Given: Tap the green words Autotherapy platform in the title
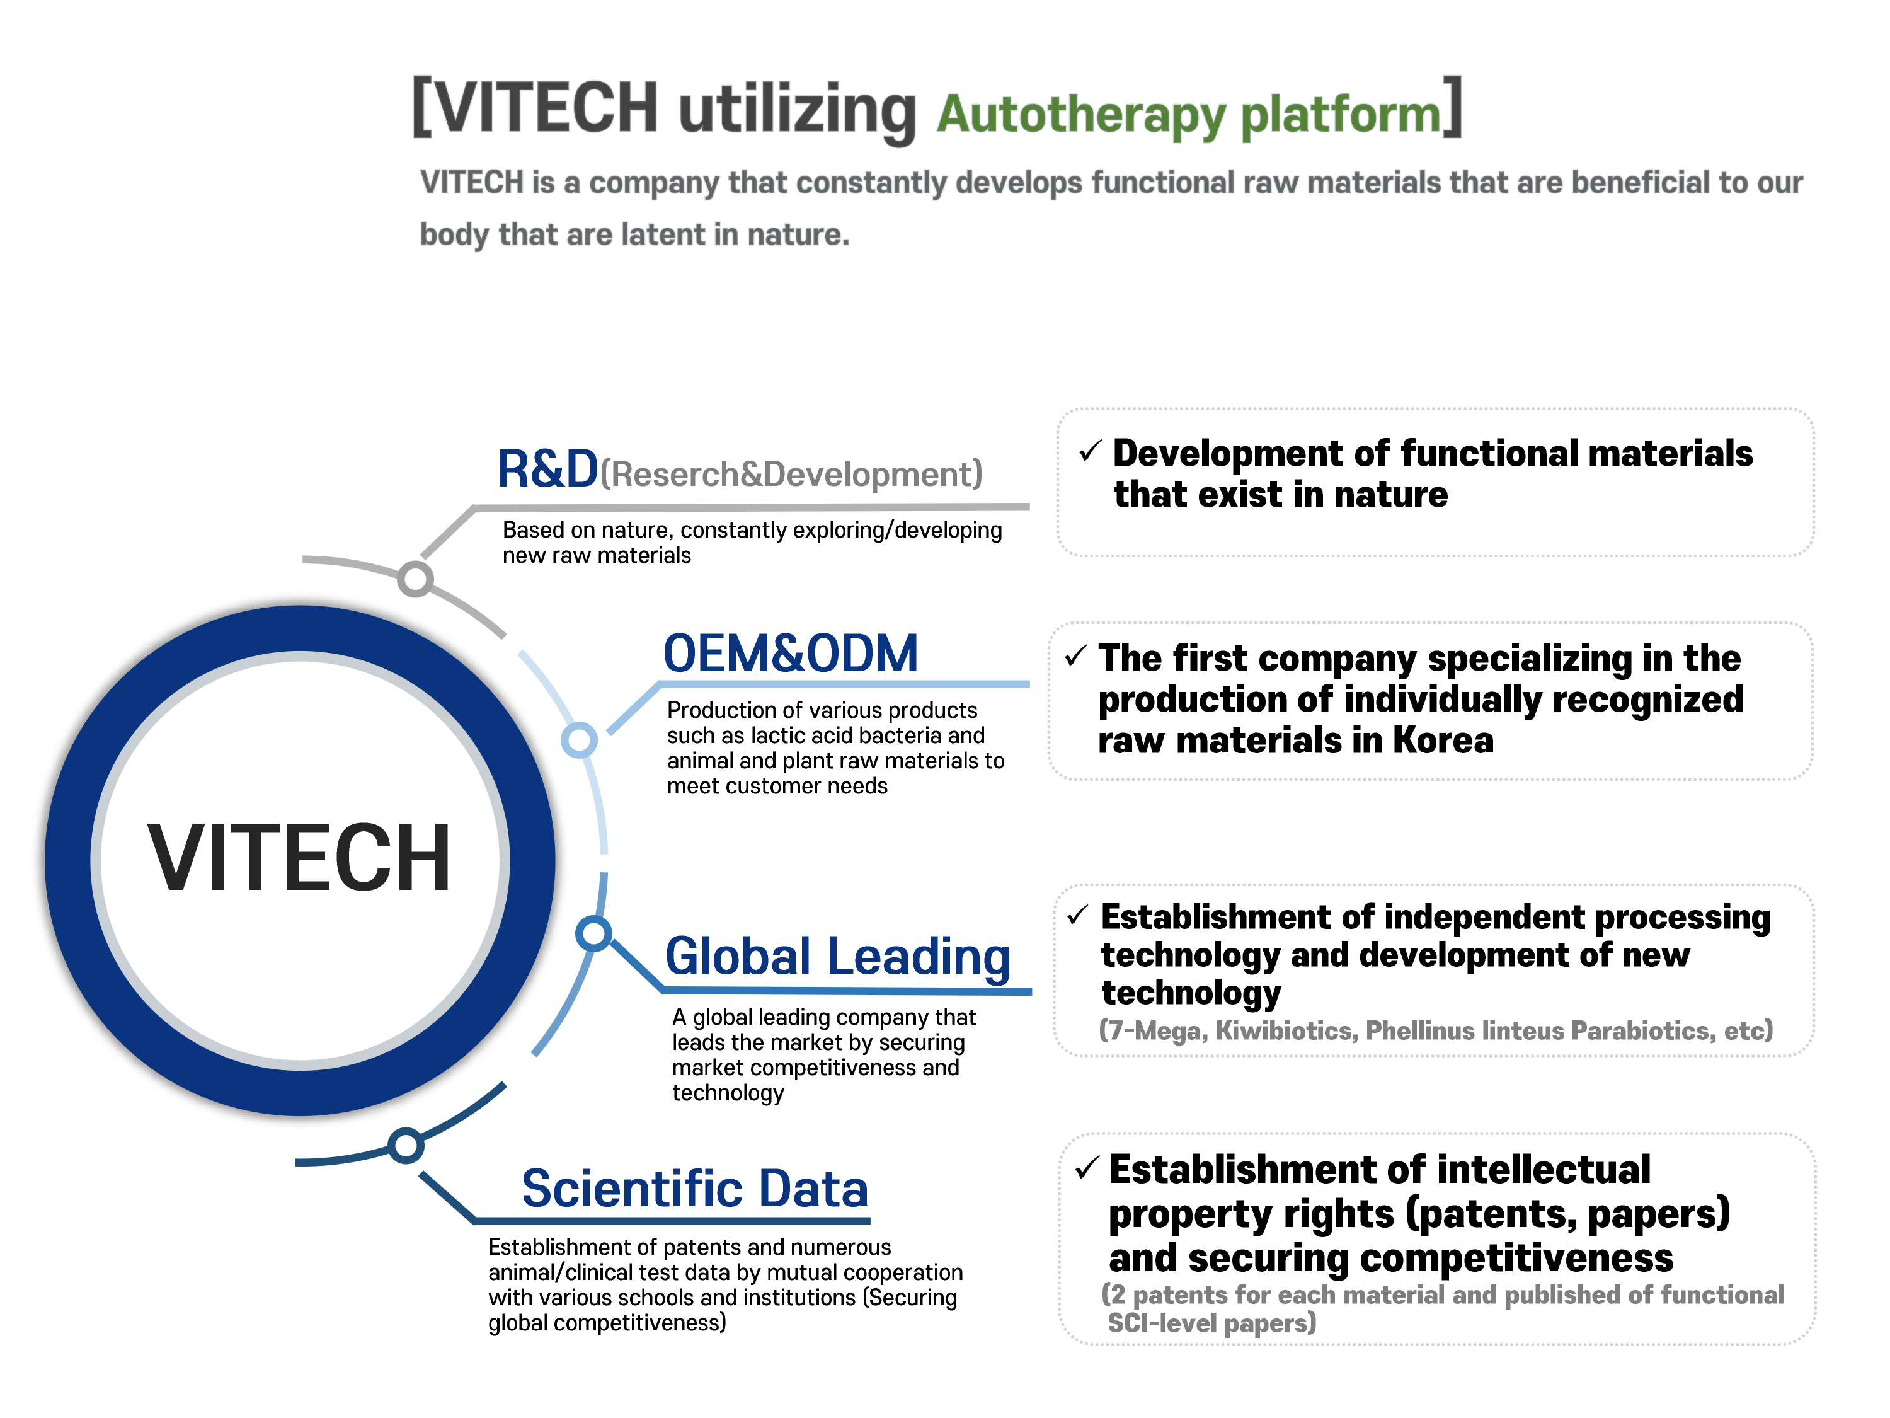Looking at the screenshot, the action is (x=1189, y=115).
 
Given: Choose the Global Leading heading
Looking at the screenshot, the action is (x=837, y=957).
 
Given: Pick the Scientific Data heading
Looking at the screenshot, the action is (x=695, y=1189).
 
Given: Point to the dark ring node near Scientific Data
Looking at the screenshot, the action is (x=406, y=1145).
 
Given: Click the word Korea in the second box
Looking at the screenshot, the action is (x=1443, y=741).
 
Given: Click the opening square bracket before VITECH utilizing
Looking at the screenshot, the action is (x=422, y=107).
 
